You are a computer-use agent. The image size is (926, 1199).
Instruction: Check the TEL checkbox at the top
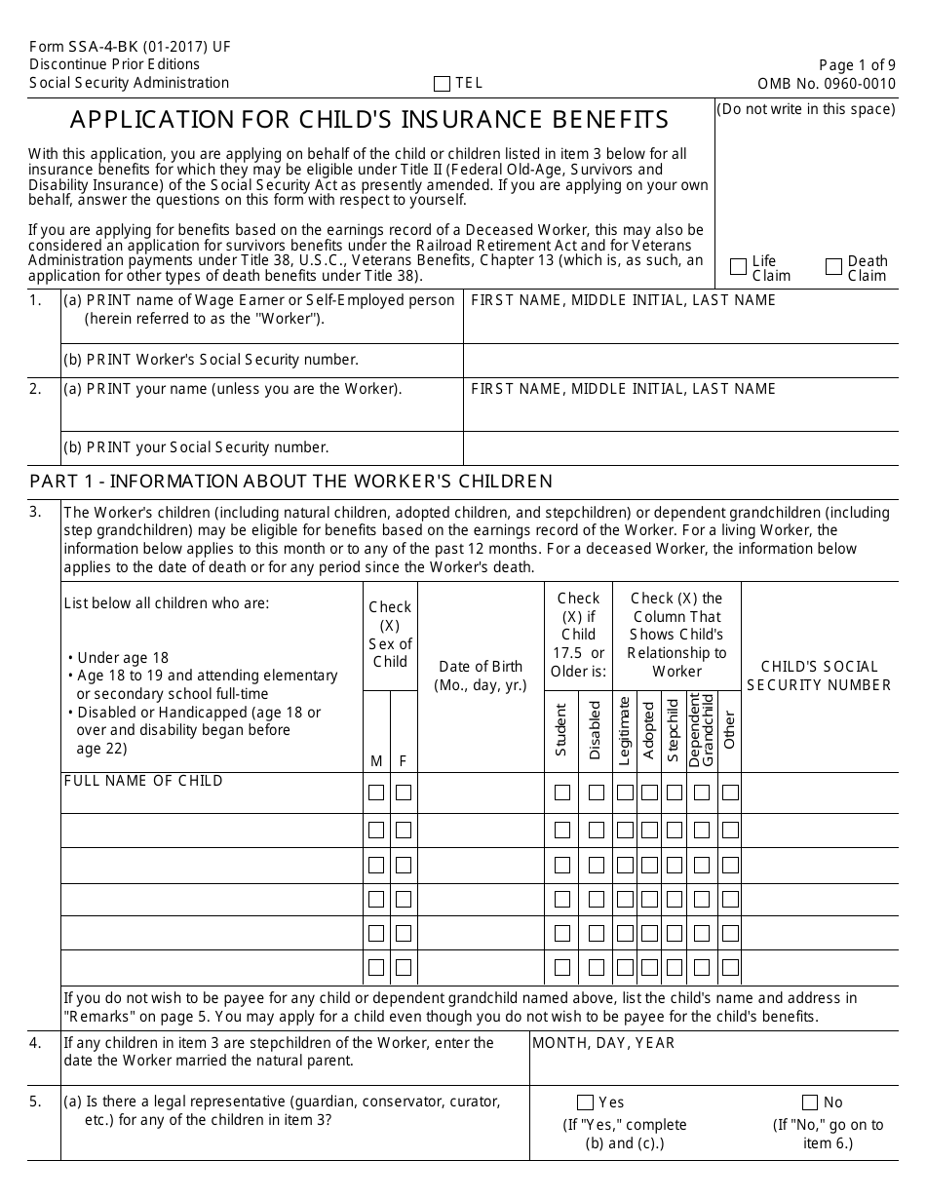[x=442, y=84]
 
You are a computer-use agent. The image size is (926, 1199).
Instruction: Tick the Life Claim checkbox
[x=738, y=267]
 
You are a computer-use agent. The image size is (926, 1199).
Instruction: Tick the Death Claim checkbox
[x=833, y=267]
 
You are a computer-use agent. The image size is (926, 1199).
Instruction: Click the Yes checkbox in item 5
[x=585, y=1102]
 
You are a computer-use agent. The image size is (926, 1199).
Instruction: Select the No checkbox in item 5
[x=809, y=1102]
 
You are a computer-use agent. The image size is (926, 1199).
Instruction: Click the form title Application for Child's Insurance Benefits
[x=369, y=120]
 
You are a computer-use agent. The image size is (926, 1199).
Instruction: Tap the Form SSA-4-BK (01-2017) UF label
[x=130, y=47]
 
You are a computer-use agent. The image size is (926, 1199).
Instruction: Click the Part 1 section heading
[x=290, y=481]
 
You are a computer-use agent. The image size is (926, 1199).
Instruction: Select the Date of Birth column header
[x=480, y=676]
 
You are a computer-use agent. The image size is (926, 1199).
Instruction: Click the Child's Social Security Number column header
[x=819, y=676]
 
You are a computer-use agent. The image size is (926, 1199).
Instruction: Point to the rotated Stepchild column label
[x=673, y=730]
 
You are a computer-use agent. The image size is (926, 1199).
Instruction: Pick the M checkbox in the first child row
[x=375, y=793]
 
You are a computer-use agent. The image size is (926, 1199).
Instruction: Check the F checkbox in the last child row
[x=403, y=968]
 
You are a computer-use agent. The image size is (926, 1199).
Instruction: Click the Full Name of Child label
[x=143, y=781]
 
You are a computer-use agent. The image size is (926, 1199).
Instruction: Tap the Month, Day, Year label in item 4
[x=602, y=1043]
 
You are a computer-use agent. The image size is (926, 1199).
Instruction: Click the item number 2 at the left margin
[x=36, y=389]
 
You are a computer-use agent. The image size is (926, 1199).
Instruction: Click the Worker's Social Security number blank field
[x=680, y=360]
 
